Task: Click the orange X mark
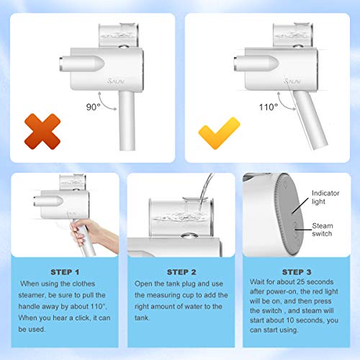click(42, 132)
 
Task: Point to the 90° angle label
click(93, 107)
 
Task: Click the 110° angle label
click(269, 107)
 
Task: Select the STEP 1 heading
click(65, 272)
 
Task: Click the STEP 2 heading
click(181, 272)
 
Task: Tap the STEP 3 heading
click(297, 272)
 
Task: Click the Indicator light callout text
click(325, 197)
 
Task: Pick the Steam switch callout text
click(323, 230)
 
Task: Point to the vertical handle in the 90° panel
click(127, 121)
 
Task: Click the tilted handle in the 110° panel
click(310, 120)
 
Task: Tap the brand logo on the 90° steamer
click(116, 81)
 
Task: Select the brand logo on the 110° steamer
click(292, 81)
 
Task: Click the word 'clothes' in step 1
click(84, 284)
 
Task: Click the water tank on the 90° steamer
click(119, 35)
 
